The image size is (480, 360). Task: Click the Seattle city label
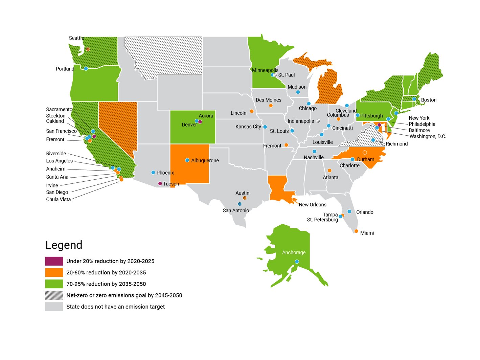(76, 38)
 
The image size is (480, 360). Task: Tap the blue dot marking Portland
(86, 69)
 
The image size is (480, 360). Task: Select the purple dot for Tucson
(160, 184)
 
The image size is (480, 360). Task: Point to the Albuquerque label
(205, 160)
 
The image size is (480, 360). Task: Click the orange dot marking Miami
(356, 231)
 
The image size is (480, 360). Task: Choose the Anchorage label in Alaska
(294, 252)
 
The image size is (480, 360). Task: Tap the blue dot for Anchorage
(297, 262)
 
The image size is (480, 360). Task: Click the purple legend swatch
(54, 261)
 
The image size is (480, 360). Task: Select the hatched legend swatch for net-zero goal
(54, 295)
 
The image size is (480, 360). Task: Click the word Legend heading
(64, 245)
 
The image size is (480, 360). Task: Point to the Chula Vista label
(59, 199)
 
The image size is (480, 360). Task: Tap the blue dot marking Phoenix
(153, 173)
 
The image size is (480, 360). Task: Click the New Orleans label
(313, 205)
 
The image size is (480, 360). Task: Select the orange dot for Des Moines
(271, 106)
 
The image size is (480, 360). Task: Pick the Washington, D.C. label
(428, 136)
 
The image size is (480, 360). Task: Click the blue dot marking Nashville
(314, 152)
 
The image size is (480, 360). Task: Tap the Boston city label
(429, 100)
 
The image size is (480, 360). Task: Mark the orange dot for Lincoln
(252, 111)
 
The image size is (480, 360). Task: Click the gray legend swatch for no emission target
(54, 307)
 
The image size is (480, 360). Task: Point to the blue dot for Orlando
(349, 211)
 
